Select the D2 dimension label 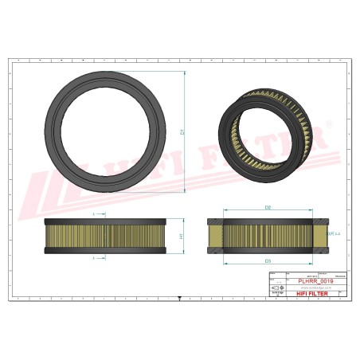point(268,208)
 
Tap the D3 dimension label point(268,260)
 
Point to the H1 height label point(182,237)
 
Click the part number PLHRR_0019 point(315,281)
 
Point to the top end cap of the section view point(268,221)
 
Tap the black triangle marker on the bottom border point(181,298)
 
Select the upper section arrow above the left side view point(95,215)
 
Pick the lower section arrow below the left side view point(95,258)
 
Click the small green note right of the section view point(334,233)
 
